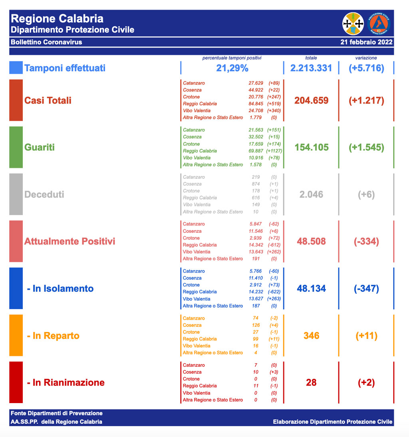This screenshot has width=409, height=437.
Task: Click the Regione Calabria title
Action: point(57,19)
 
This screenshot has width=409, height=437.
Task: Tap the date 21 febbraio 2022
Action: point(366,42)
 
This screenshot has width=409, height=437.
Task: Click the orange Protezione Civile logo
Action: point(379,24)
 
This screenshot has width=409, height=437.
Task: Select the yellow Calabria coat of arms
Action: point(353,24)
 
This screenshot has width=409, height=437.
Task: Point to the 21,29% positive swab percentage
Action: point(232,68)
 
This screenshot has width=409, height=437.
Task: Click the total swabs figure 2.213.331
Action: point(311,68)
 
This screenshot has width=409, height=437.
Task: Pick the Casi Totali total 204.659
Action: point(312,100)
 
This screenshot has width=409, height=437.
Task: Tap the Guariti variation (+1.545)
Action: point(366,147)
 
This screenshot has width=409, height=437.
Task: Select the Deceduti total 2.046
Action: point(312,194)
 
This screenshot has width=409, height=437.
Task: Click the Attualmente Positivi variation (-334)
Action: point(366,241)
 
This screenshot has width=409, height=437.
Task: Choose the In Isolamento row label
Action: point(60,289)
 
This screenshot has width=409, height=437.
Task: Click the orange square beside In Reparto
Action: point(16,335)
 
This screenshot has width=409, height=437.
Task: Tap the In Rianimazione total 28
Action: point(312,382)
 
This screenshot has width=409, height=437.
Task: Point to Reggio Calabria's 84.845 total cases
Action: point(256,104)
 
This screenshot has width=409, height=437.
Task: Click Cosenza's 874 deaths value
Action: point(256,184)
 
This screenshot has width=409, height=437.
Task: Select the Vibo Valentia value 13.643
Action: point(256,252)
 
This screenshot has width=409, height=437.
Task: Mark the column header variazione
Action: point(366,58)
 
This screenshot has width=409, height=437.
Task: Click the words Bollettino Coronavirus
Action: point(46,42)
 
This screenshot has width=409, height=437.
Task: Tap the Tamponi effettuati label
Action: point(65,68)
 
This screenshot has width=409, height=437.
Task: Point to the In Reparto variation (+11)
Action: point(366,336)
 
